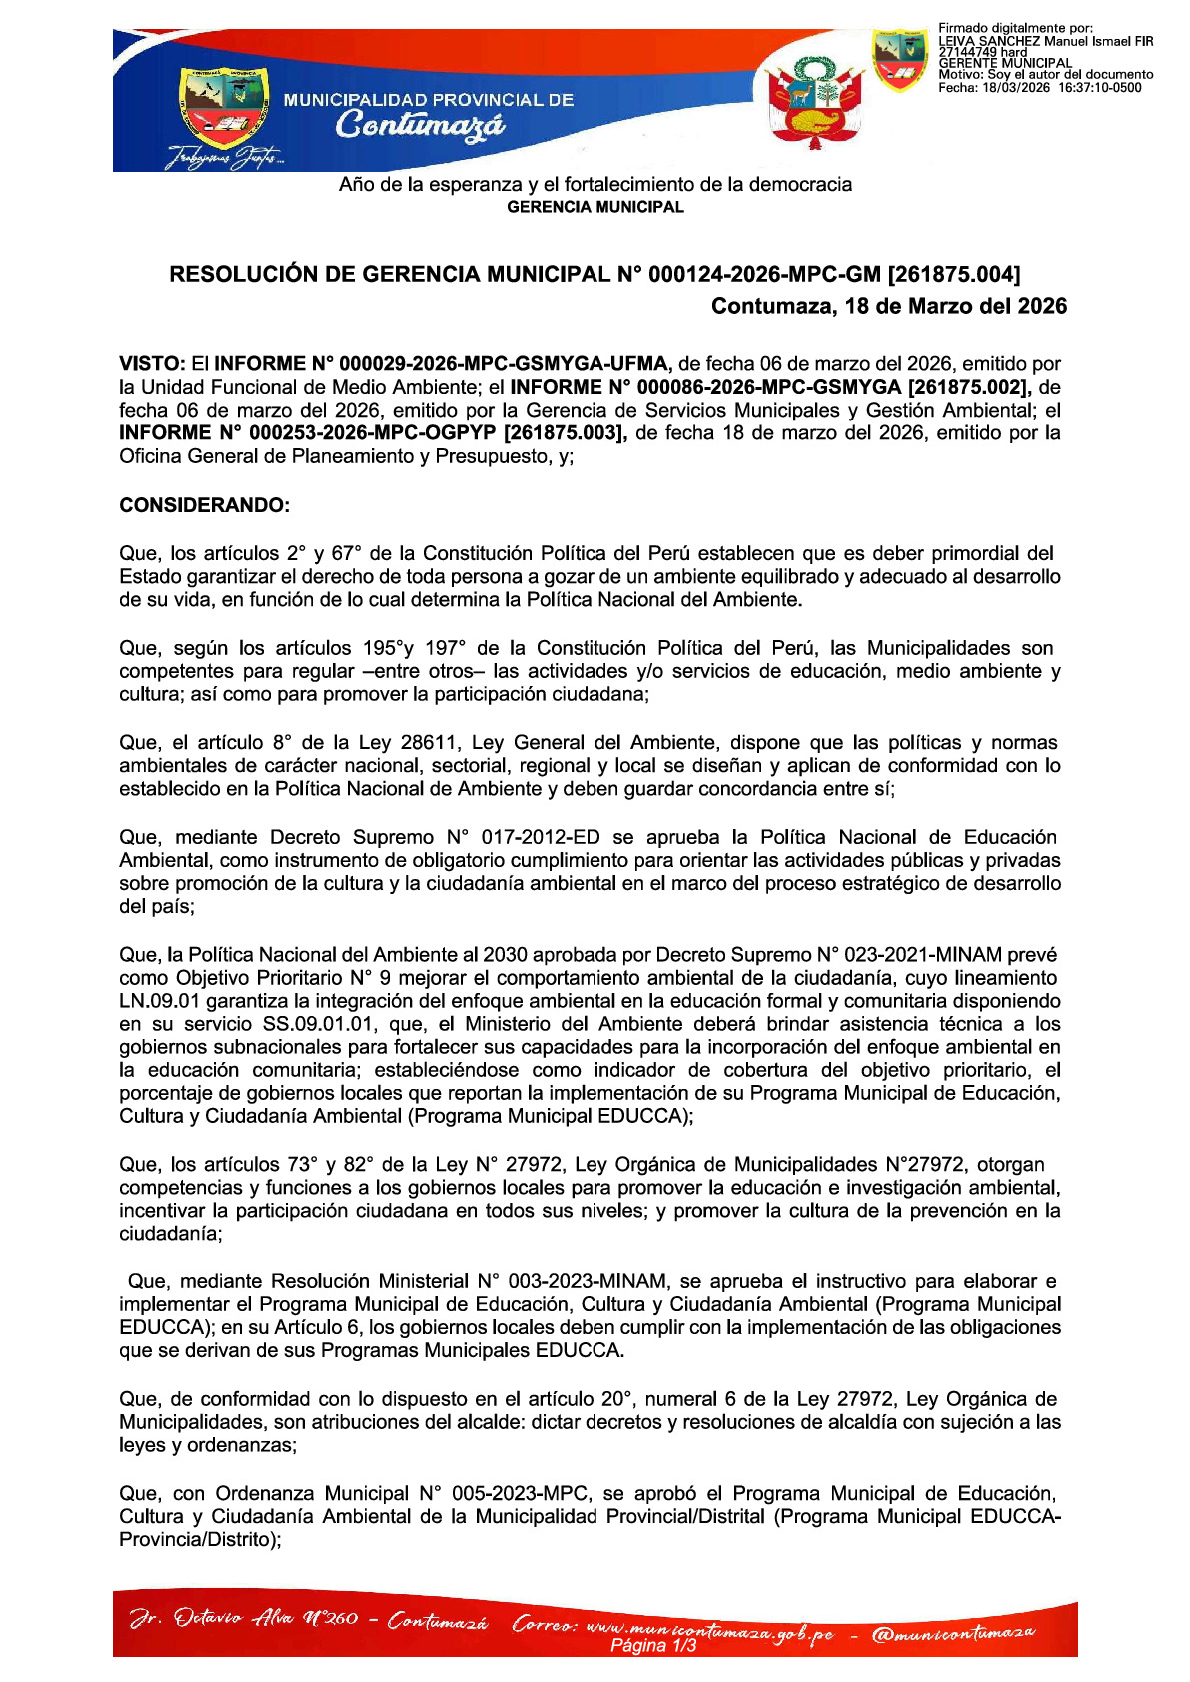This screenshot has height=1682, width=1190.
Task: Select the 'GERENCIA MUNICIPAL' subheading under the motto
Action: coord(595,207)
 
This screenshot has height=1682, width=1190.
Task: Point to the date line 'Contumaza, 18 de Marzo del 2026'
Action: coord(888,306)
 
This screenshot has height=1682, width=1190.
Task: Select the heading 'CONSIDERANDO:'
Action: coord(204,505)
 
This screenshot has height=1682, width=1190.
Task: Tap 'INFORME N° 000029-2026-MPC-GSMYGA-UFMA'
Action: coord(440,364)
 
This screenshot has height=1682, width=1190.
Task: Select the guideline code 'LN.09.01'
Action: coord(159,1001)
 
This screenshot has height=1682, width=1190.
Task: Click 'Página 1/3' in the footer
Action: coord(652,1646)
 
